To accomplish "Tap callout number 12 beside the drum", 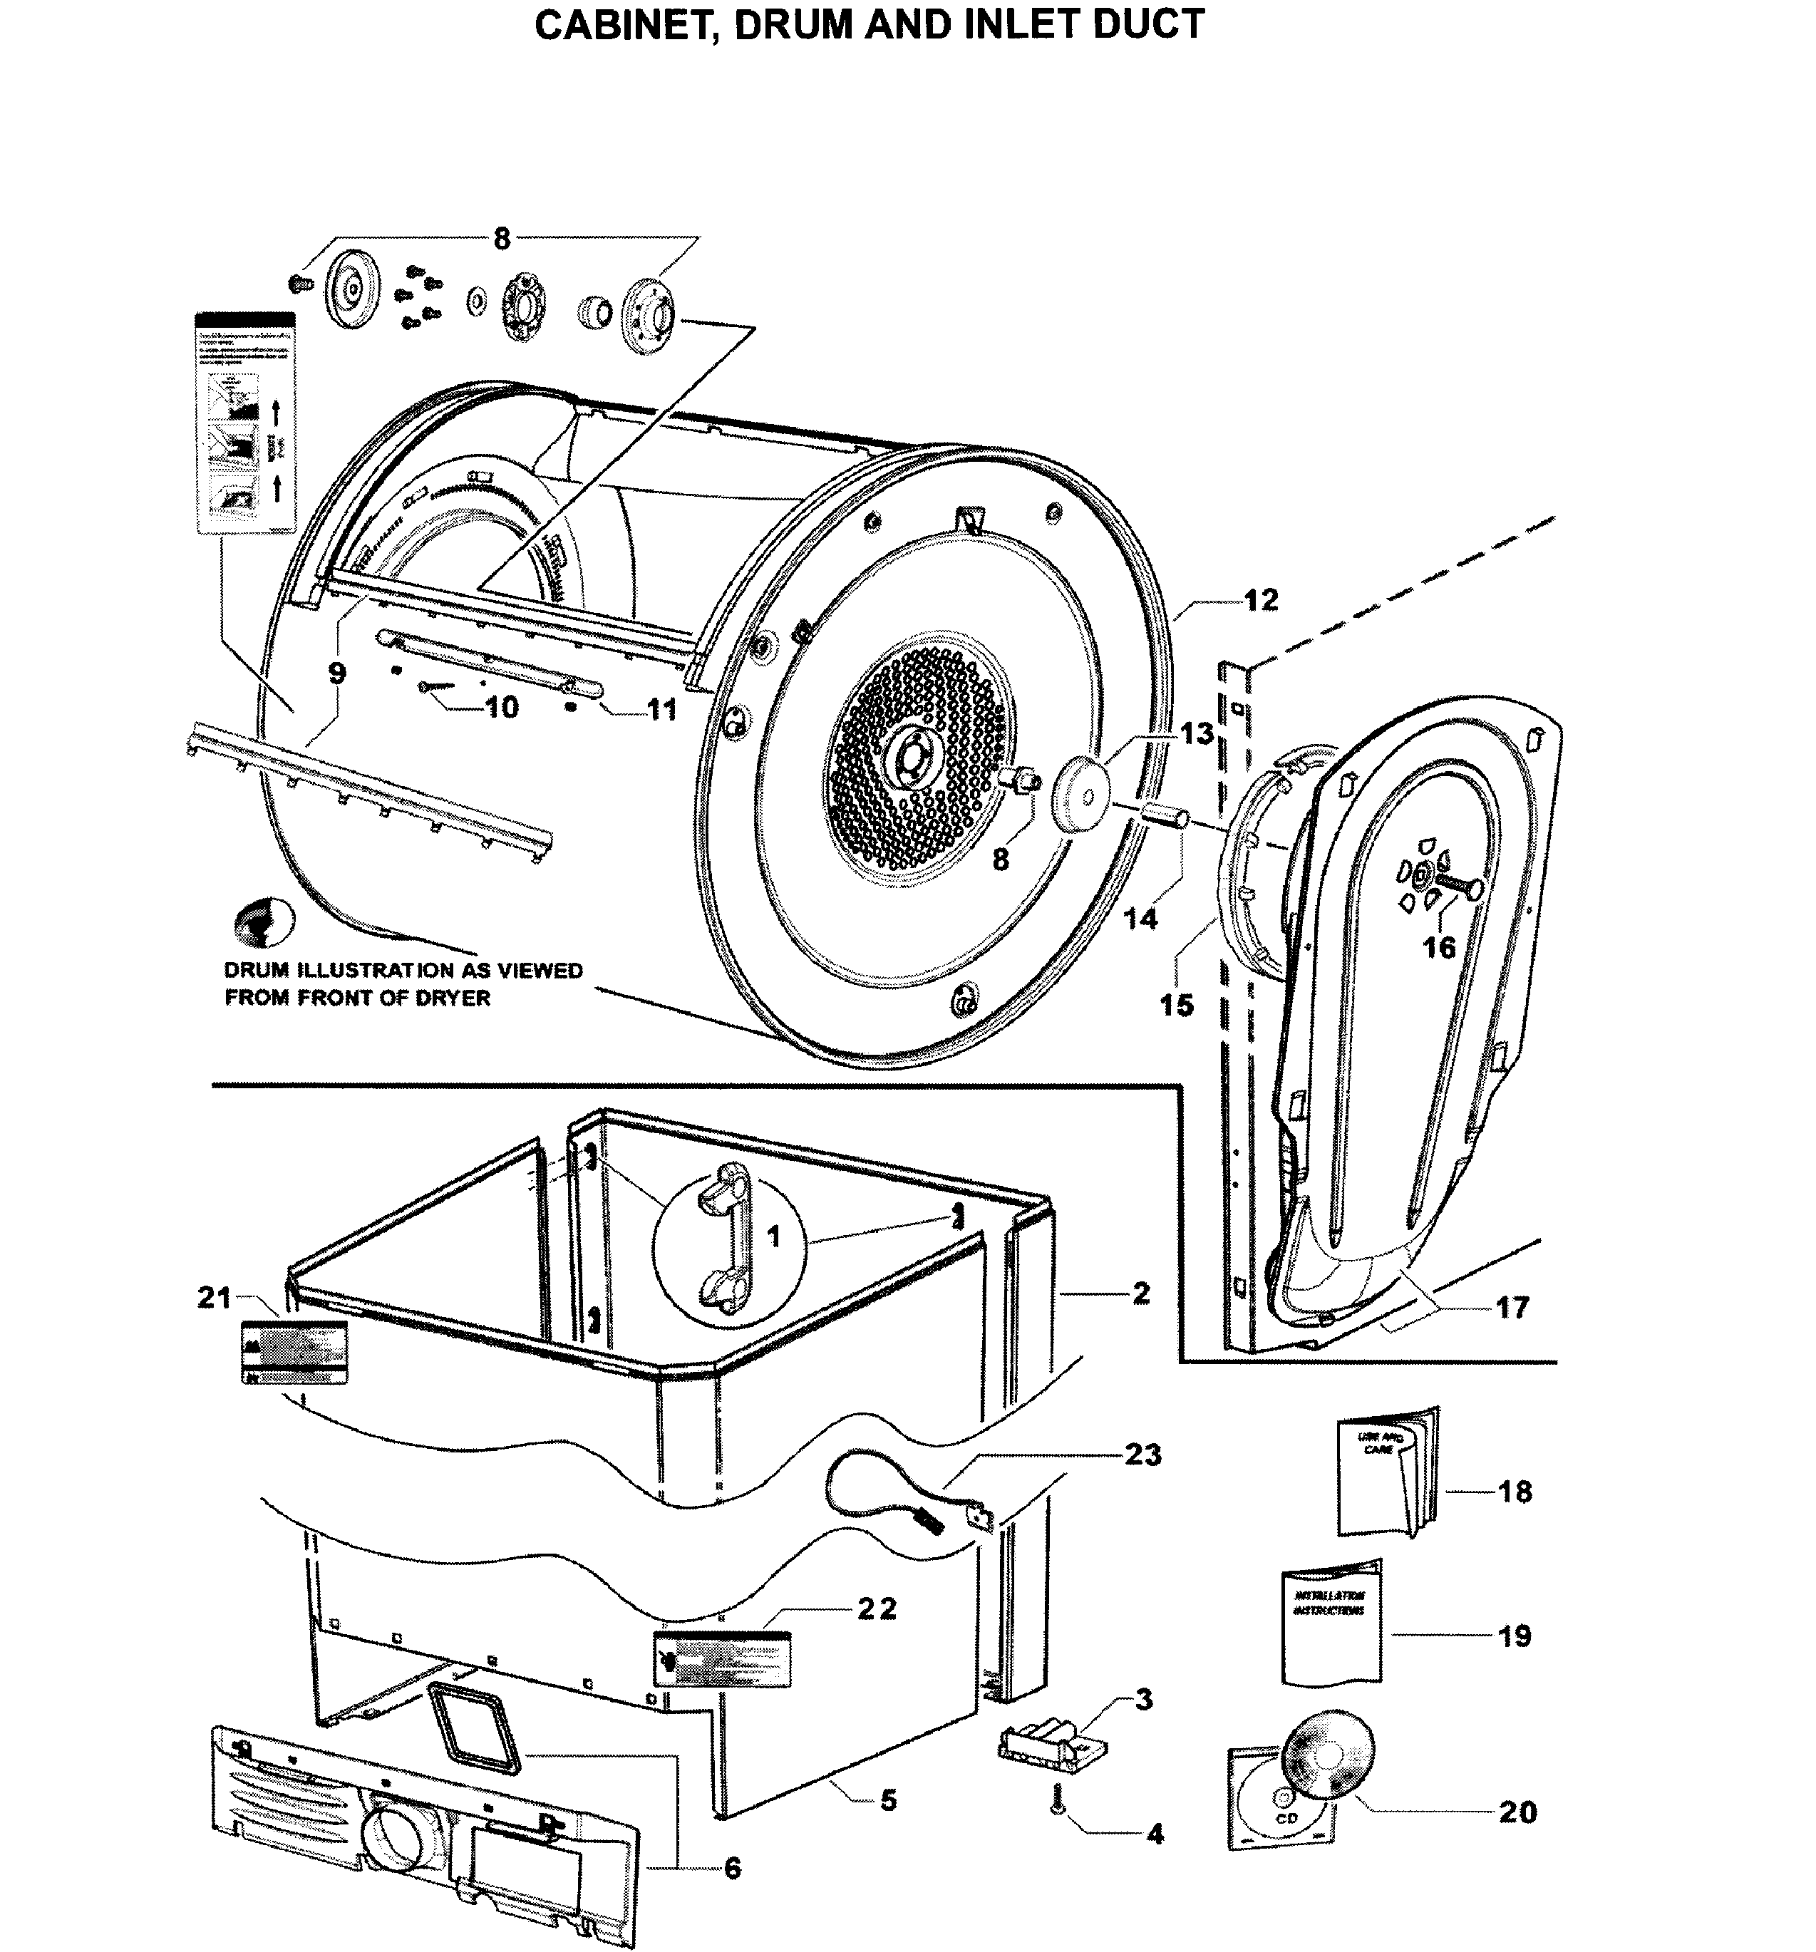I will [x=1261, y=600].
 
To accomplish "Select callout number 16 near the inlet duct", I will [x=1439, y=948].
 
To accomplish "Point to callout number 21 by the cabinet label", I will [x=214, y=1297].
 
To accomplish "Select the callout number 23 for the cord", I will [x=1143, y=1453].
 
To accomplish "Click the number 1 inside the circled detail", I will [x=774, y=1237].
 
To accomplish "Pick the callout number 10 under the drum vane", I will [x=502, y=707].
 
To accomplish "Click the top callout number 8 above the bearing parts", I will [x=502, y=239].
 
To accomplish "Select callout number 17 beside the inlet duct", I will [x=1512, y=1307].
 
